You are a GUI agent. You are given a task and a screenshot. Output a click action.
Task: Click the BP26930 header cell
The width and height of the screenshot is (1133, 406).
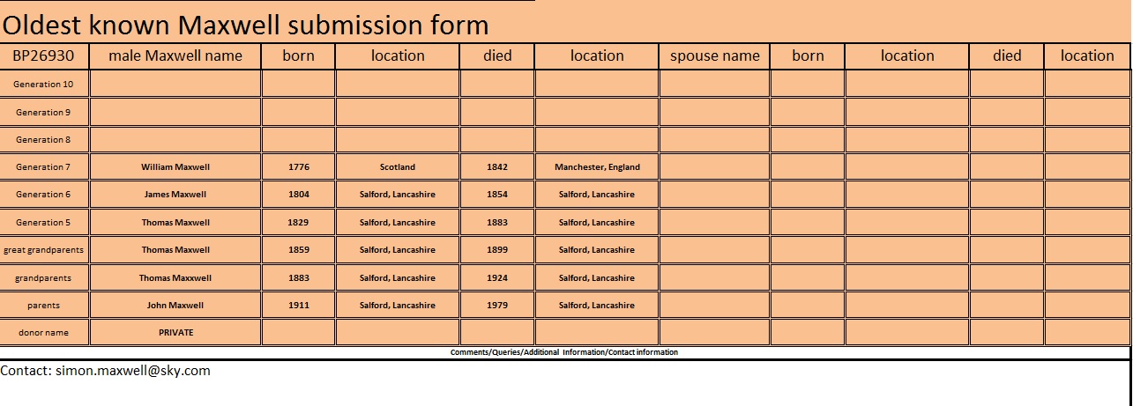[44, 55]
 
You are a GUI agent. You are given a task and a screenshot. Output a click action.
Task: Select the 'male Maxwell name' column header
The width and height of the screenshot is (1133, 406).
[175, 55]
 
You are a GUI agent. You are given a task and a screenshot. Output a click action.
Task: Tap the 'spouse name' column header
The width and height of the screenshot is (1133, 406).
[714, 55]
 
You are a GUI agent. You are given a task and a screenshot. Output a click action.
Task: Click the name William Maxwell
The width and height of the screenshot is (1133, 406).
[175, 166]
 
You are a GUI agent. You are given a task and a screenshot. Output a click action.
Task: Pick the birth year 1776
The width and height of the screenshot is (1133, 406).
[298, 166]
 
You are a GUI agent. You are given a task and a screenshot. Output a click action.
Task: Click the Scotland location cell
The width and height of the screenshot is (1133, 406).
[397, 166]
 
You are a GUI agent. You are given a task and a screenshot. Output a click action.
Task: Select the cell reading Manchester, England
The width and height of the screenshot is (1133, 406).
[597, 166]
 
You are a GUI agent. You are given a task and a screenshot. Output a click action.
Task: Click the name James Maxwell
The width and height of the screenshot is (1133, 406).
[175, 195]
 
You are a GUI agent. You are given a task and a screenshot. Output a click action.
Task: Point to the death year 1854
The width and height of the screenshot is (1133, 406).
[497, 195]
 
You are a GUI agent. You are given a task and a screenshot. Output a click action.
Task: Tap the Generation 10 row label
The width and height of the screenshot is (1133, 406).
[44, 85]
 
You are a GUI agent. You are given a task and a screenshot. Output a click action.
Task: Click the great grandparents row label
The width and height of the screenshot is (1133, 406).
[44, 250]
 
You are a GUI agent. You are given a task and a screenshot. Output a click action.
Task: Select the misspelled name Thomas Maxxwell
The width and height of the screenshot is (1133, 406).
[175, 278]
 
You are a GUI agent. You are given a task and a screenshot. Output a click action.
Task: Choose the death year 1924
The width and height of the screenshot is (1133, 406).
[497, 278]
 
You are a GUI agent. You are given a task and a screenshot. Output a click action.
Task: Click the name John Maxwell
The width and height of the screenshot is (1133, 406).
[175, 306]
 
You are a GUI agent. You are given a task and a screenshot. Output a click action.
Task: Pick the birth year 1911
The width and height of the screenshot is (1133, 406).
[298, 306]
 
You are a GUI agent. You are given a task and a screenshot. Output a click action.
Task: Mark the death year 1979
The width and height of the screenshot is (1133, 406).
[497, 306]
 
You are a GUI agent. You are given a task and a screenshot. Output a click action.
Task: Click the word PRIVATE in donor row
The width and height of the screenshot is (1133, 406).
[175, 333]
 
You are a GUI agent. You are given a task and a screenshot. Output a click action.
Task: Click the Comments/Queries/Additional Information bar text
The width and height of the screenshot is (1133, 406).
[564, 352]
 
